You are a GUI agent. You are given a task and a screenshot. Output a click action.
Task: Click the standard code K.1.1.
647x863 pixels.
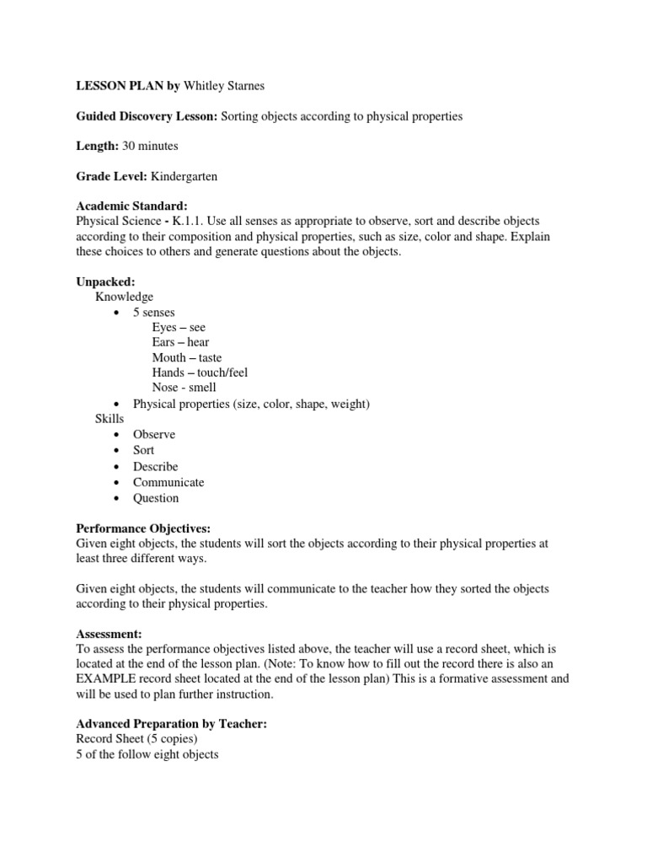[x=206, y=220]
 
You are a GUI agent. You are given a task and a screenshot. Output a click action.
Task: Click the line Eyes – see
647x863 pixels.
[x=179, y=326]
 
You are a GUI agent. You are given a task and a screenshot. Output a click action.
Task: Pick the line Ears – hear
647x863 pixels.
[x=180, y=341]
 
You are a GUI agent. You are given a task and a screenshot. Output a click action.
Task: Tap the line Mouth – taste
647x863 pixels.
[x=187, y=357]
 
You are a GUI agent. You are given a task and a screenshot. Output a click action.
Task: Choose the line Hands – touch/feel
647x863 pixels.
[x=200, y=373]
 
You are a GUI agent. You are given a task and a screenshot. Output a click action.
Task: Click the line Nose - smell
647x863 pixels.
[x=184, y=388]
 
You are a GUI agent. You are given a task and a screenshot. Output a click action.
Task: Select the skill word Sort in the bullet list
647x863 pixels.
[x=143, y=450]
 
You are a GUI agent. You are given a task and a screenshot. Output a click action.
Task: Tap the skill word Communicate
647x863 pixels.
[x=168, y=482]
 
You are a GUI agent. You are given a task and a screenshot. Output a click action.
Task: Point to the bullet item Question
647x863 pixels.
[x=156, y=498]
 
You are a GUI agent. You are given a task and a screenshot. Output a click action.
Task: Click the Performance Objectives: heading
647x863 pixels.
[x=143, y=528]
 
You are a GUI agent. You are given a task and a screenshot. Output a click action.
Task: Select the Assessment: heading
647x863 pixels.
[x=110, y=634]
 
